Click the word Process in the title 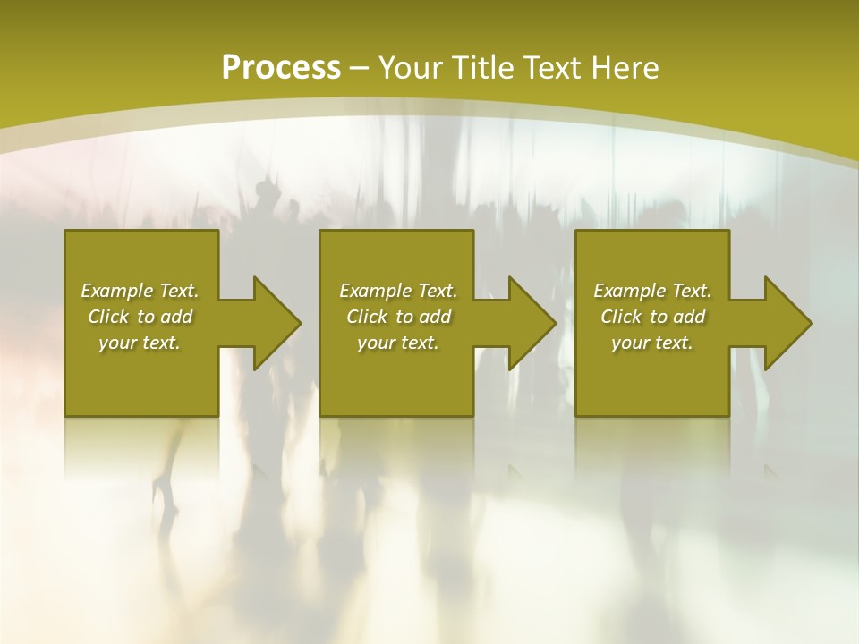click(x=281, y=68)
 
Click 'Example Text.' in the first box click(x=140, y=291)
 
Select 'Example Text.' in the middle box click(x=397, y=291)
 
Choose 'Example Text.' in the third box click(x=652, y=291)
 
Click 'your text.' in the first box click(x=140, y=343)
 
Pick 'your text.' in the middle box click(x=397, y=343)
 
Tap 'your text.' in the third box click(x=652, y=343)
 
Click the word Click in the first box click(x=108, y=317)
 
